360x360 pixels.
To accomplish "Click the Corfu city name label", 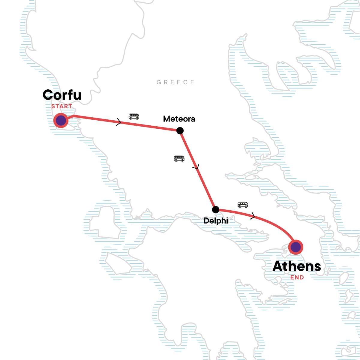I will click(62, 95).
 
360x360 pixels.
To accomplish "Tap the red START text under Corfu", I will click(62, 106).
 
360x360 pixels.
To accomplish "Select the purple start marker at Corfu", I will click(61, 121).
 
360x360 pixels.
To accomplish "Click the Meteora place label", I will click(179, 119).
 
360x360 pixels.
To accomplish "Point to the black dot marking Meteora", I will click(180, 130).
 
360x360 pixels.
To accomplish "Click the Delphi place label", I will click(216, 221).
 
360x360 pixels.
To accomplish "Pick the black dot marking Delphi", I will click(215, 209).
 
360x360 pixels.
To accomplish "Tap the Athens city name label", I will click(297, 266).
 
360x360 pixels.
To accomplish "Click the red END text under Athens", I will click(297, 277).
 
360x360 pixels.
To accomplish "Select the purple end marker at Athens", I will click(295, 247).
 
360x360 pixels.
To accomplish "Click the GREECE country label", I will click(175, 82).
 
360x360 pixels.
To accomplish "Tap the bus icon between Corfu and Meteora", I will click(134, 116).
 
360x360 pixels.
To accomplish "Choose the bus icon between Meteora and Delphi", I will click(179, 158).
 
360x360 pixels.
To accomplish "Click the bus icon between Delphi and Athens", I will click(243, 205).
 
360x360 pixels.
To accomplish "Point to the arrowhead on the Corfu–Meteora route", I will click(119, 122).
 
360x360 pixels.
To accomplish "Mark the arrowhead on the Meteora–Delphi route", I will click(197, 167).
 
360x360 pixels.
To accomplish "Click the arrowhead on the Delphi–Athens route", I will click(253, 216).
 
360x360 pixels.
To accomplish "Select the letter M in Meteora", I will click(166, 119).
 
